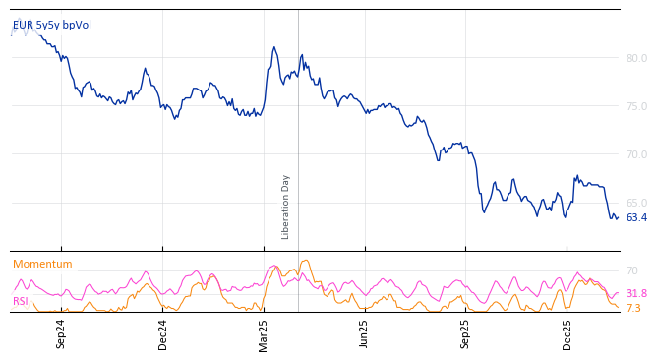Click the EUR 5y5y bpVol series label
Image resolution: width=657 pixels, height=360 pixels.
tap(52, 25)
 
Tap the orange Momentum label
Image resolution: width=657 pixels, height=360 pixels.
tap(42, 264)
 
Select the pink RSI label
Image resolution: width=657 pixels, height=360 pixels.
tap(21, 301)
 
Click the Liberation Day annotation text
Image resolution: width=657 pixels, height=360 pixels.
tap(286, 207)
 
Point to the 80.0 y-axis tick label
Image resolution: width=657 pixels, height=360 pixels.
tap(636, 58)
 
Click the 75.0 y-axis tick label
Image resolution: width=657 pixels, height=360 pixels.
tap(636, 106)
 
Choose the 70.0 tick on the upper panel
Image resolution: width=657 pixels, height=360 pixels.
tap(636, 154)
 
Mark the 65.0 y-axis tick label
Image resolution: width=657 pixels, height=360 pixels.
tap(636, 203)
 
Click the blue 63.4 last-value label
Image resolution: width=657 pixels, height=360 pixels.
tap(636, 218)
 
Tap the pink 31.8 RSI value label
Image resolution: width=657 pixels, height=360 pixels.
tap(636, 293)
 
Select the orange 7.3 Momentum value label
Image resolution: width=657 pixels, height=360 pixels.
tap(633, 308)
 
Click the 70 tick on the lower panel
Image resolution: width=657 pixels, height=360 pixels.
tap(631, 270)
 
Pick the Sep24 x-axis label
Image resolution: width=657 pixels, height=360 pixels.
tap(61, 333)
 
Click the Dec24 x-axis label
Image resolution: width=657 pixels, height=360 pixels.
tap(163, 333)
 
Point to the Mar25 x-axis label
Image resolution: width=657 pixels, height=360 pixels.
tap(264, 333)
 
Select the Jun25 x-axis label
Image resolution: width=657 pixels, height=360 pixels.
tap(365, 333)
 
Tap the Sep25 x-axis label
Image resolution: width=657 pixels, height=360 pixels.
tap(466, 333)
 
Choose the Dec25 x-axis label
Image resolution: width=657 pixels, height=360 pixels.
tap(567, 333)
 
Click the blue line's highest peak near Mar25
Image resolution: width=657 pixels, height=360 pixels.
tap(274, 47)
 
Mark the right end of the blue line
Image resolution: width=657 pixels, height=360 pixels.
tap(618, 217)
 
